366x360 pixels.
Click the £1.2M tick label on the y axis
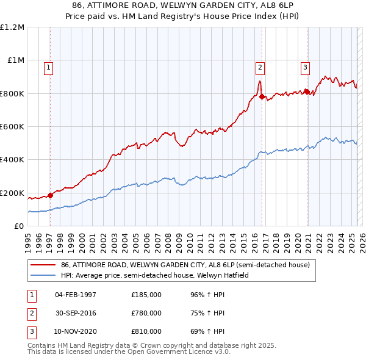click(12, 27)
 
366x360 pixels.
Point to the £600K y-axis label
click(12, 127)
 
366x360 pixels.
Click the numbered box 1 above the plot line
click(48, 68)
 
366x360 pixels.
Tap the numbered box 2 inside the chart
click(260, 68)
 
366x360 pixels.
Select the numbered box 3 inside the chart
click(304, 68)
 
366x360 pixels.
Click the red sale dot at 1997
click(50, 195)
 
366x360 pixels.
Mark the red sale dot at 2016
click(261, 96)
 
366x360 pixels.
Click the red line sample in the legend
click(43, 265)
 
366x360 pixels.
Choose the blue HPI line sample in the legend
click(43, 275)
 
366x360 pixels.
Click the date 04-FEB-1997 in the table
click(76, 295)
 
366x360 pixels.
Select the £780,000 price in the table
click(146, 313)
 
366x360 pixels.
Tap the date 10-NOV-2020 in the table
click(76, 331)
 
